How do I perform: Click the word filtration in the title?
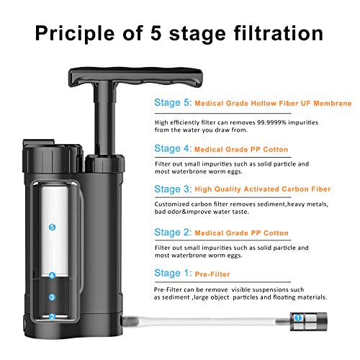(x=280, y=33)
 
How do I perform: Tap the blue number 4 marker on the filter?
(x=51, y=275)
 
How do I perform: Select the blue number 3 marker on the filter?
(x=51, y=296)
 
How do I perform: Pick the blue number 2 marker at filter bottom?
(x=51, y=317)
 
